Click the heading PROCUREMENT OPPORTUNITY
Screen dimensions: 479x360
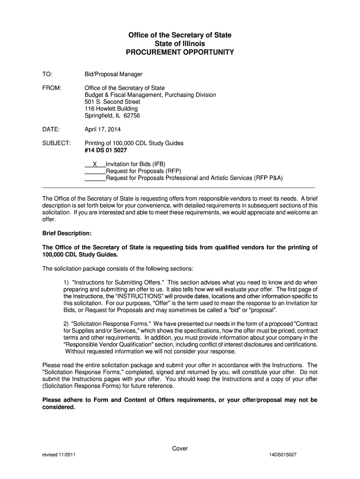180,52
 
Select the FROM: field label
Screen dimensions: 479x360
52,88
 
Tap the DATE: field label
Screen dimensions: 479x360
51,129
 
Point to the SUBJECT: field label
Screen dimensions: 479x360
57,143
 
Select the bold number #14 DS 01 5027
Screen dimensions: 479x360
106,150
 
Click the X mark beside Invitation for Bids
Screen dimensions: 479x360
95,164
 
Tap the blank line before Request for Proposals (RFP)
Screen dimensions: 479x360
95,171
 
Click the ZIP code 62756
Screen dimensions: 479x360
132,116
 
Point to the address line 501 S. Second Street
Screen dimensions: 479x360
112,102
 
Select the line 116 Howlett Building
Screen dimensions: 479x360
111,109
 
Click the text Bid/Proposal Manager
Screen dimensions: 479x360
113,74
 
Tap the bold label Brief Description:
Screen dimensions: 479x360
67,233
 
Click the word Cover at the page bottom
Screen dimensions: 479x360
180,449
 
